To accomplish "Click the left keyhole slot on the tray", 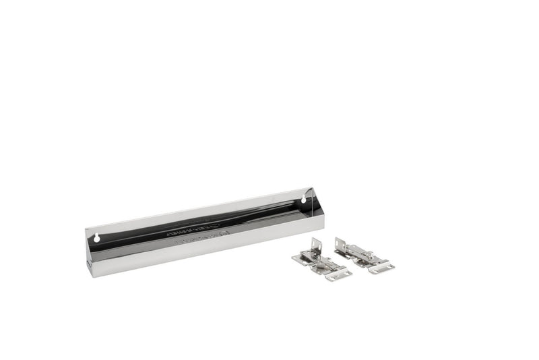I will (x=97, y=238).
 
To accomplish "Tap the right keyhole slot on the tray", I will (x=303, y=200).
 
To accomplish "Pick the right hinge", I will (x=364, y=256).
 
